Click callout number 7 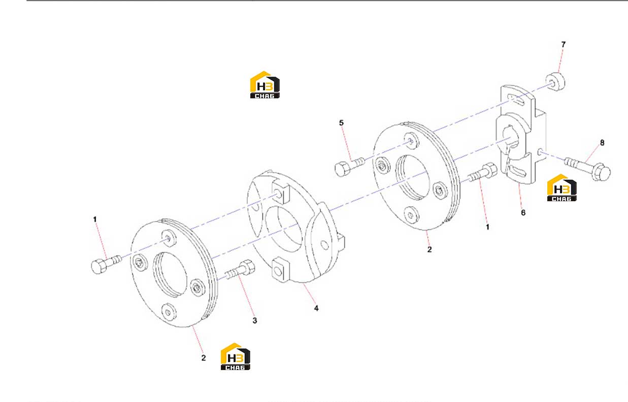click(563, 45)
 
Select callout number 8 click(602, 143)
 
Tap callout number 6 click(523, 213)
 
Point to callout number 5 click(341, 123)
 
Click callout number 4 click(316, 308)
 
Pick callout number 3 click(254, 320)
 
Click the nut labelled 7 click(555, 81)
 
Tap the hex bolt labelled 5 click(349, 167)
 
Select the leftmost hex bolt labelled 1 click(106, 264)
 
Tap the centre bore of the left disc click(170, 274)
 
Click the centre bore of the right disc click(412, 177)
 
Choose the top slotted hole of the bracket click(519, 100)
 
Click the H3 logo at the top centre click(265, 85)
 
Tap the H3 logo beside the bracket click(562, 188)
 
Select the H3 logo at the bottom click(235, 356)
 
